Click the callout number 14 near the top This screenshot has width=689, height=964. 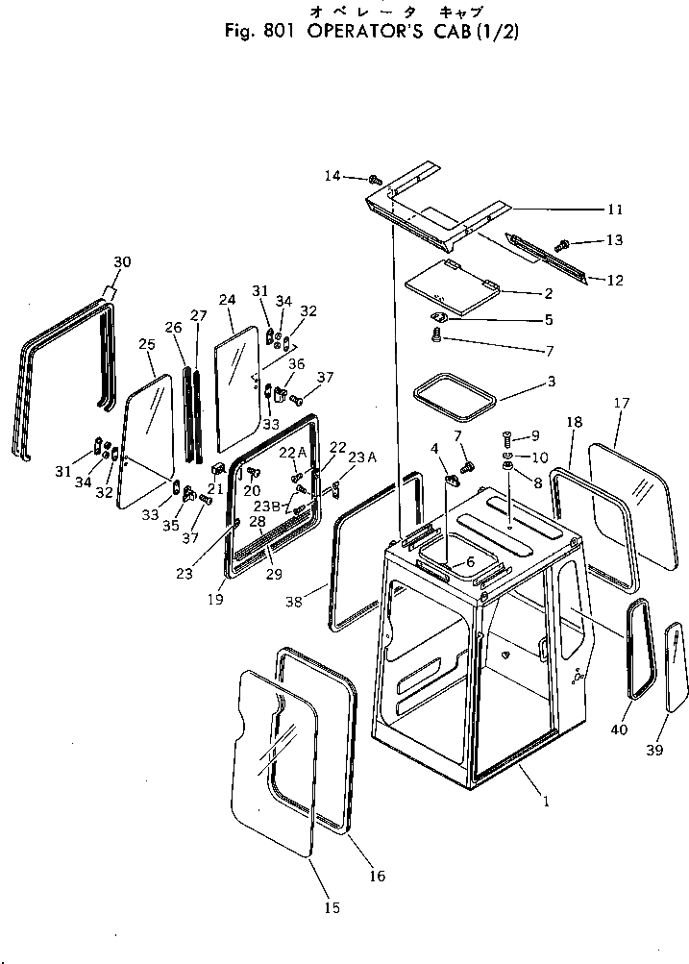332,175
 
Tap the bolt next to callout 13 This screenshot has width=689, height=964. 565,243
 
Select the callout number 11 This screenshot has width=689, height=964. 615,209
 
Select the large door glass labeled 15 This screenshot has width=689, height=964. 274,759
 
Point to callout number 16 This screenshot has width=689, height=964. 377,876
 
